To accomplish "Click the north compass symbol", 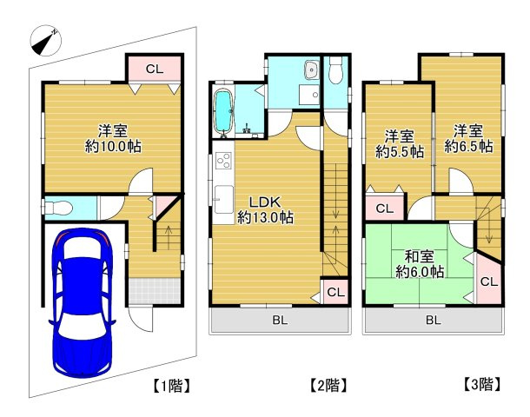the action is (x=46, y=41).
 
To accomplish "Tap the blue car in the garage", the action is (x=83, y=302).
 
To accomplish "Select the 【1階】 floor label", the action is (x=171, y=386).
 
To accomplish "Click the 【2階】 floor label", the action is (x=329, y=385).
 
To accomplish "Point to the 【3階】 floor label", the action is (x=481, y=384).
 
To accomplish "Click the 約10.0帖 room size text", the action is (x=113, y=147).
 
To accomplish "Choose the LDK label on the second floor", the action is (x=265, y=202).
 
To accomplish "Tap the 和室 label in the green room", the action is (x=420, y=256).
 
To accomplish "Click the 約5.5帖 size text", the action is (x=400, y=152).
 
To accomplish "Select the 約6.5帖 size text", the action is (x=468, y=146).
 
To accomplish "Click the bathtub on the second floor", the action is (x=223, y=113).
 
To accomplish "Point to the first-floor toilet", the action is (x=57, y=208).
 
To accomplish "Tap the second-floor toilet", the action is (x=336, y=70).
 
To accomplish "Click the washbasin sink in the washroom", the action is (x=311, y=70).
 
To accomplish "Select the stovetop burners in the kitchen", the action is (x=223, y=161).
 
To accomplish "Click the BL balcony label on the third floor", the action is (x=433, y=320).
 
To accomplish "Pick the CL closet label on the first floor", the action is (x=155, y=69).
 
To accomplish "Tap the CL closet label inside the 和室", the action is (x=489, y=281).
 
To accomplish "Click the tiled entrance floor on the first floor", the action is (x=154, y=291).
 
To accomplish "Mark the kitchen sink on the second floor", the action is (x=224, y=199).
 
